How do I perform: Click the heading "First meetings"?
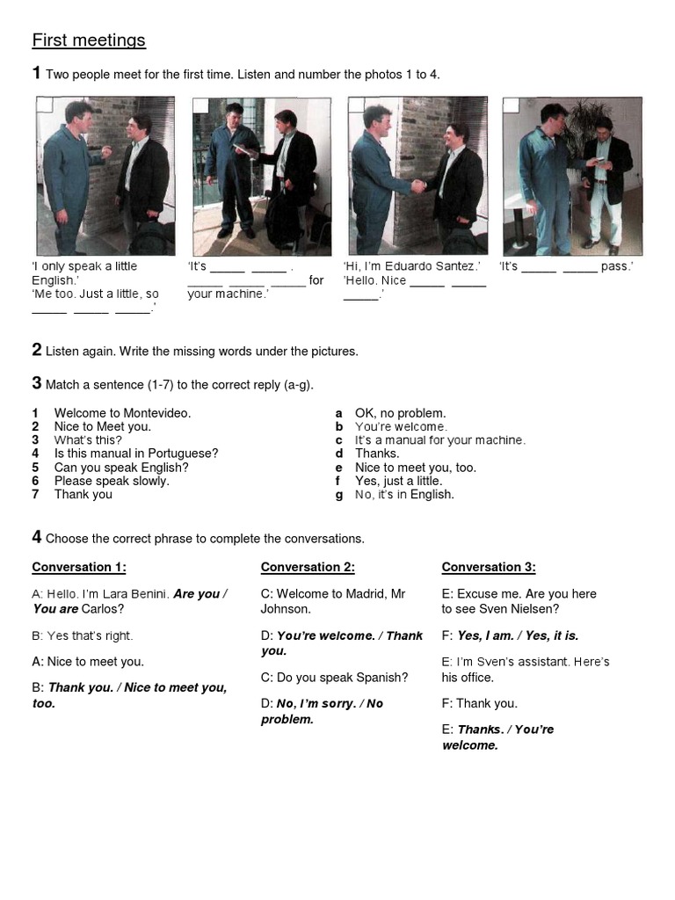[89, 40]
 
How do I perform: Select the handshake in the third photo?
[419, 185]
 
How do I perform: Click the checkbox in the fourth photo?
[511, 105]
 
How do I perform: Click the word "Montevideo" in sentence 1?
[156, 413]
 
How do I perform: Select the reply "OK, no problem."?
[400, 413]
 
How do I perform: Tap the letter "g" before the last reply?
[338, 495]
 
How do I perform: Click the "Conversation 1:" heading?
[79, 567]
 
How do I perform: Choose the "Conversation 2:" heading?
[308, 567]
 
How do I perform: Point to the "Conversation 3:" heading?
[489, 567]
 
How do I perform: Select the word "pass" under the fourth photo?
[615, 266]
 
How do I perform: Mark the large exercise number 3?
[37, 383]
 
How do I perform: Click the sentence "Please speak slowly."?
[112, 481]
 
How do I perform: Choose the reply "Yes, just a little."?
[398, 481]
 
